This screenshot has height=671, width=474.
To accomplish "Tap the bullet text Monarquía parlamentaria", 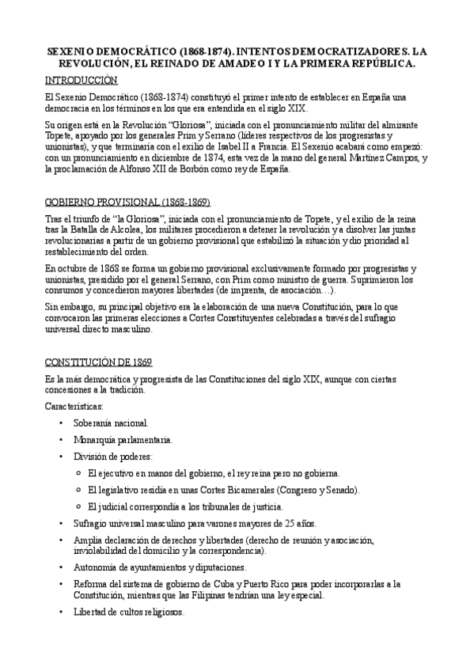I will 123,440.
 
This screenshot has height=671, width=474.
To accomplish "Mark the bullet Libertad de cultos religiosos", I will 128,612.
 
